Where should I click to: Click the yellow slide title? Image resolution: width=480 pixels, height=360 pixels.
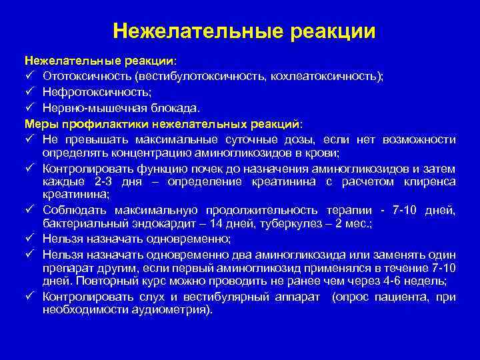pos(244,31)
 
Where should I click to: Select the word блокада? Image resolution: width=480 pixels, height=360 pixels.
pos(177,107)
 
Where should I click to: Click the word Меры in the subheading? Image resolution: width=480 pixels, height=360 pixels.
pos(39,123)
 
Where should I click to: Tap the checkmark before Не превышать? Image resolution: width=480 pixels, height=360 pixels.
pos(30,139)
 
